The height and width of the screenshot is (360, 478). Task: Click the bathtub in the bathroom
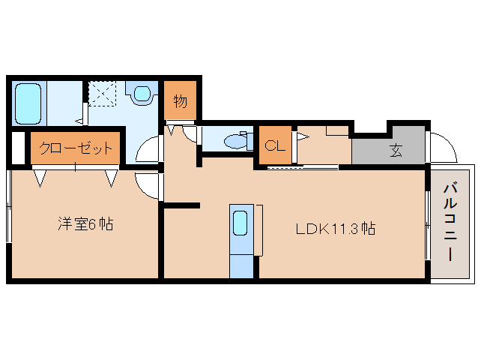[28, 103]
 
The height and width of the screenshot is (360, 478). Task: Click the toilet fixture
[238, 140]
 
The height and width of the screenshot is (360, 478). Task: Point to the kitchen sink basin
[240, 223]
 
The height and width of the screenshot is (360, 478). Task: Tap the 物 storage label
[180, 100]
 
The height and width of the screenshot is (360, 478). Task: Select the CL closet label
[275, 146]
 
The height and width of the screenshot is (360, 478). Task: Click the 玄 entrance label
[395, 149]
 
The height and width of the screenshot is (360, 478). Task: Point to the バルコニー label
[451, 221]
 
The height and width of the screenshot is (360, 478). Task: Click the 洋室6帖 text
[85, 223]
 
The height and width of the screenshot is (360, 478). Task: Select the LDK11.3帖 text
[335, 229]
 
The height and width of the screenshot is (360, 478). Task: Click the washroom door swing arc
[148, 149]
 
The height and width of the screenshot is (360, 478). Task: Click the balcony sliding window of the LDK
[426, 226]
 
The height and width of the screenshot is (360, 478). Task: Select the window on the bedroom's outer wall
[8, 206]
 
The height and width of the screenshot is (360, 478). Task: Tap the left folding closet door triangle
[40, 177]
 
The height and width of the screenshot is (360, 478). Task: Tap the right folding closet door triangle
[112, 177]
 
